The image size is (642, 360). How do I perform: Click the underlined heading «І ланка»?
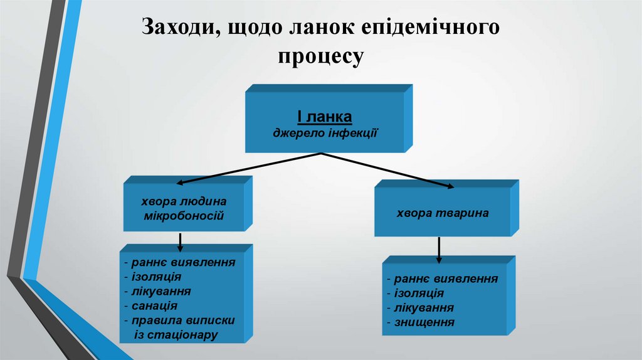(x=324, y=117)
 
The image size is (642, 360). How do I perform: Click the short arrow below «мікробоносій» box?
(x=181, y=241)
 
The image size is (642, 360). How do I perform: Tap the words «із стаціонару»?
(x=176, y=334)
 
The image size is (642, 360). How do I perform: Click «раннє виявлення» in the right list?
(x=445, y=279)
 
